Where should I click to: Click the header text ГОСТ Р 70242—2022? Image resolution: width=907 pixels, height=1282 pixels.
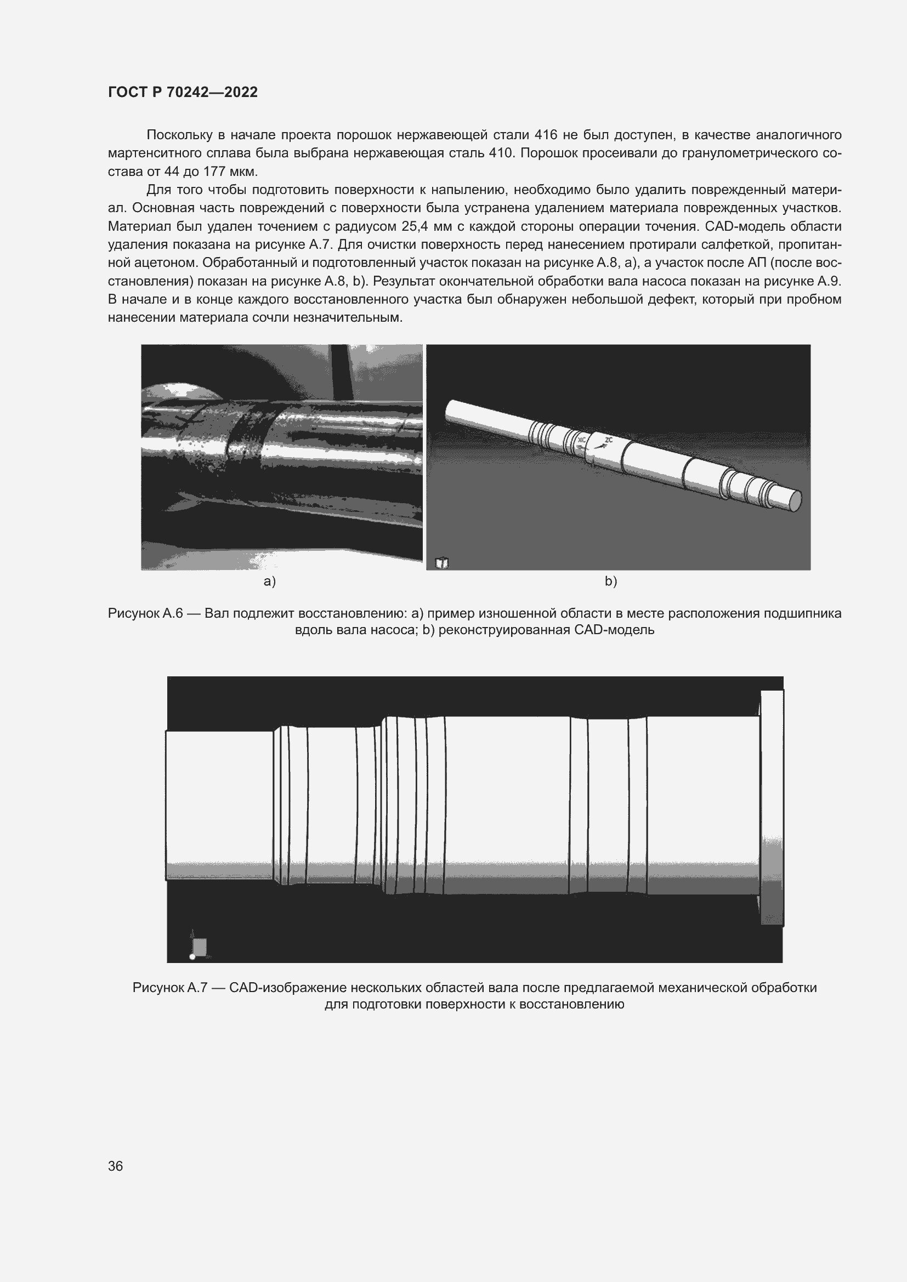183,92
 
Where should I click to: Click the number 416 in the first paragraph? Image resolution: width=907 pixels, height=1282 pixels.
546,135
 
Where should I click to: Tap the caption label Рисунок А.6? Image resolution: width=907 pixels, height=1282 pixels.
145,614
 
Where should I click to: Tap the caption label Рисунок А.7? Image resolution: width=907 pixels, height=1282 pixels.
170,988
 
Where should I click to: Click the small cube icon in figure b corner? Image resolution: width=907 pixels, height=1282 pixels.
442,563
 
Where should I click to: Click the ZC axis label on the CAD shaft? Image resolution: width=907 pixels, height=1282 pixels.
609,440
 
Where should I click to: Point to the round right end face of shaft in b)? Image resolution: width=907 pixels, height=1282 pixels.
794,501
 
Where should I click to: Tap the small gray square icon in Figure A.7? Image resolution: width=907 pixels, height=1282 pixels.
200,947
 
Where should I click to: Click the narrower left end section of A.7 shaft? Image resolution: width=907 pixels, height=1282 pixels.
219,805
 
